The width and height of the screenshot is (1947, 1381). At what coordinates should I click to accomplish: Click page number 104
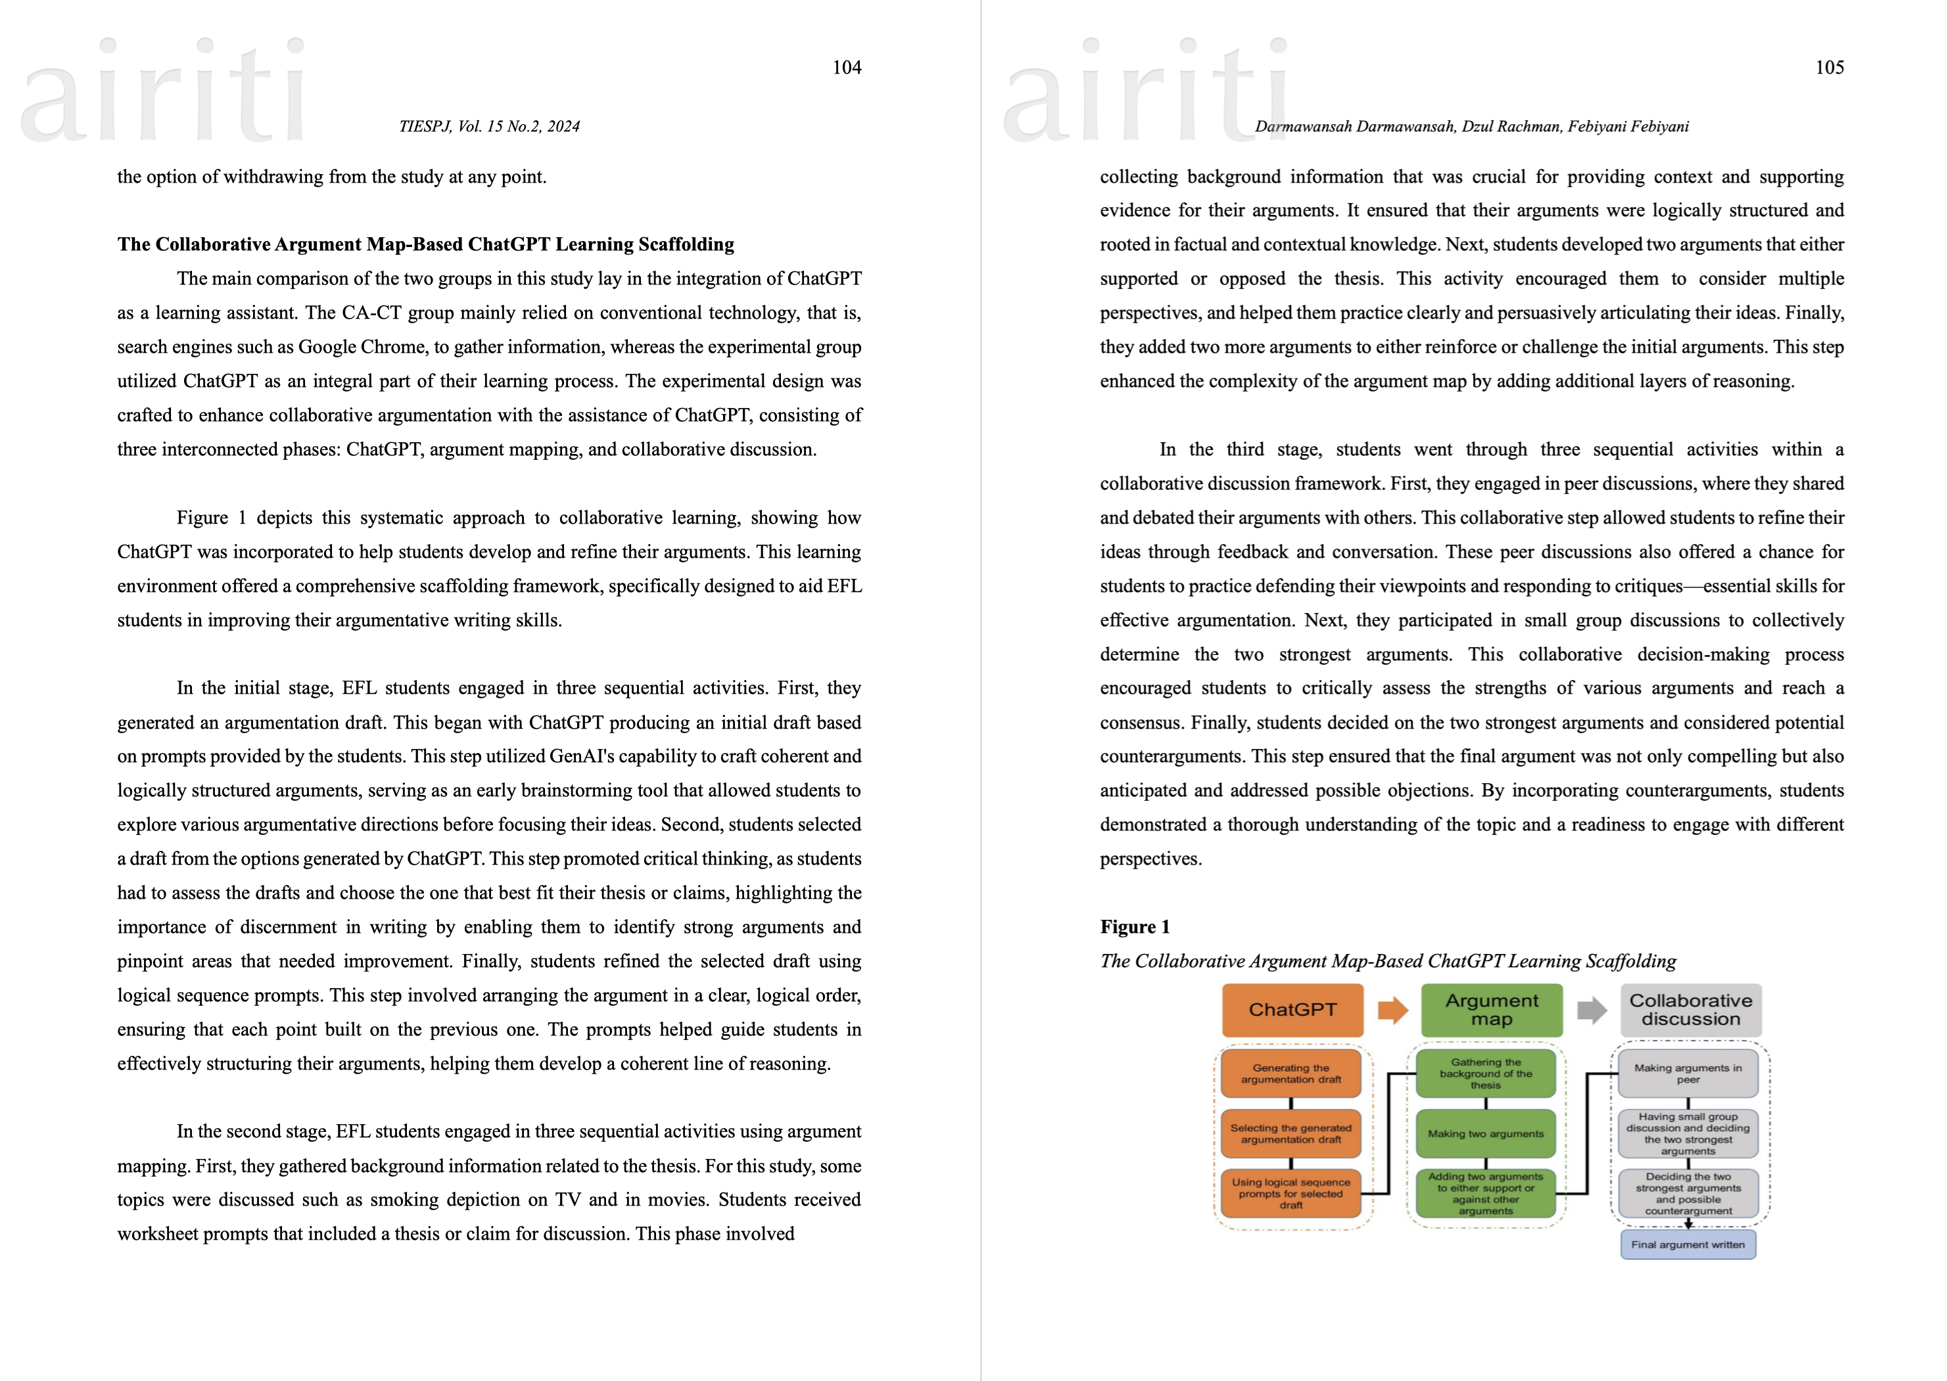(x=847, y=67)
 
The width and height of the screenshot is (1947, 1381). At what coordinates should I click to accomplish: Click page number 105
(x=1829, y=67)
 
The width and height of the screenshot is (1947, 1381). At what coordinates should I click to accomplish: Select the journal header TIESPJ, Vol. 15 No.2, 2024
(x=489, y=127)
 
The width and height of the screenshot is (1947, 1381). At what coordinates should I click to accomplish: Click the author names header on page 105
(x=1472, y=127)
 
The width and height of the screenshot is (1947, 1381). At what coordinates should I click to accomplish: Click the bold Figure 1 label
(x=1135, y=927)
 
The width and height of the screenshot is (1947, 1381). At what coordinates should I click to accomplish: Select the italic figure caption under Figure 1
(x=1388, y=961)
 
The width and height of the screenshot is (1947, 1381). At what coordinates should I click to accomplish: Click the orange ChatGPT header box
(x=1292, y=1009)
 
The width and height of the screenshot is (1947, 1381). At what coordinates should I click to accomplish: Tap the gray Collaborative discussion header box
(x=1690, y=1009)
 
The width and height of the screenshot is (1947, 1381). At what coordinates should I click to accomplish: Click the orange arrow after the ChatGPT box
(x=1392, y=1010)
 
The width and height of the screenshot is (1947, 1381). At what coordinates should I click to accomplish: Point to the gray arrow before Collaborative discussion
(x=1591, y=1010)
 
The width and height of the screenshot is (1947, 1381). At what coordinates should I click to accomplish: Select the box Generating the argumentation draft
(x=1290, y=1073)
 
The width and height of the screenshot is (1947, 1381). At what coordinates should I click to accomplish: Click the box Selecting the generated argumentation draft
(x=1290, y=1133)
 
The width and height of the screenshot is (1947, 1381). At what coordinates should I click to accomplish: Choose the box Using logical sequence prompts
(x=1290, y=1193)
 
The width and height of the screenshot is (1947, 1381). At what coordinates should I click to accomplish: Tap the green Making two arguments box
(x=1485, y=1133)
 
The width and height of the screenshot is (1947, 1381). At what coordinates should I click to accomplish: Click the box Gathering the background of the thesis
(x=1485, y=1073)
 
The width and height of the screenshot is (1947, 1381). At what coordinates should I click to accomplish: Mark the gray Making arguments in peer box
(x=1687, y=1073)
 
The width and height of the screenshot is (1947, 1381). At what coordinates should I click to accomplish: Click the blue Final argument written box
(x=1687, y=1244)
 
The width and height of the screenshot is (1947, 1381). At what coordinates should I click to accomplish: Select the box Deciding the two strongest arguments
(x=1687, y=1193)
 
